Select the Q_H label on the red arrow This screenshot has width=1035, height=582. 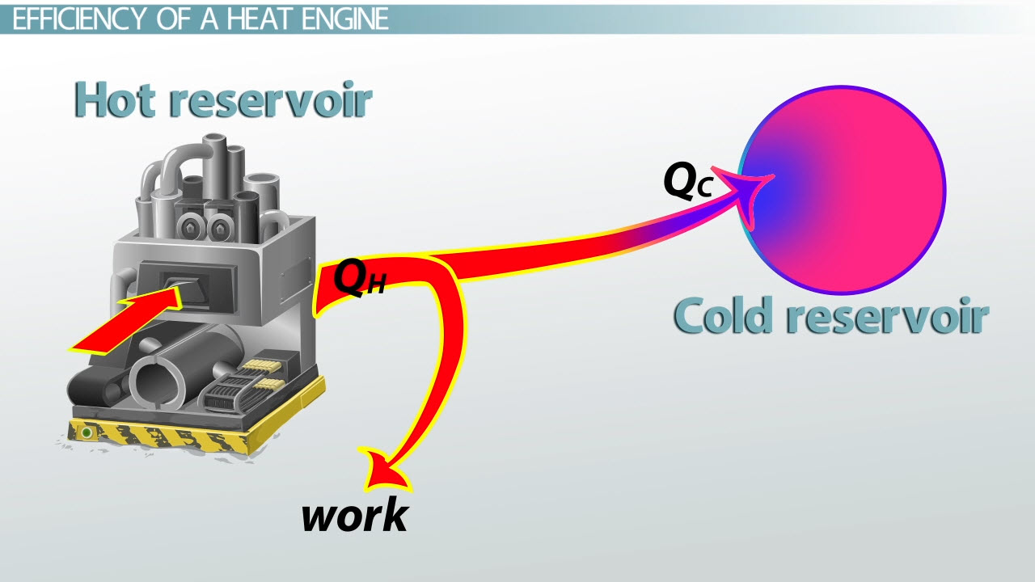[358, 279]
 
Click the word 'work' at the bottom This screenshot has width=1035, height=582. [354, 515]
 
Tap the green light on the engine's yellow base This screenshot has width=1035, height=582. [86, 433]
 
